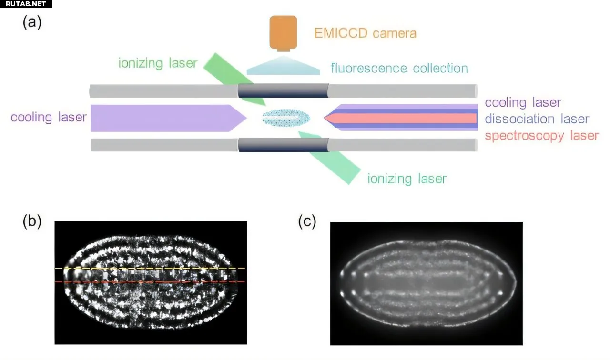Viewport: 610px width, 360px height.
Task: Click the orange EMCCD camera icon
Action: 283,32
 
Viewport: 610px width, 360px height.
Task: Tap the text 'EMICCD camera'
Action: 365,33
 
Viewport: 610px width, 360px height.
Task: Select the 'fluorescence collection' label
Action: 399,68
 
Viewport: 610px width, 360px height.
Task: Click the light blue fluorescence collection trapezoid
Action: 283,66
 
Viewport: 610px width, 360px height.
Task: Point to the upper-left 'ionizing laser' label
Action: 158,63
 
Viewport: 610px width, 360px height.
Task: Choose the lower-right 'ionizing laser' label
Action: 407,179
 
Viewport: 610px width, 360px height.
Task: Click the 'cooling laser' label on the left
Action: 49,117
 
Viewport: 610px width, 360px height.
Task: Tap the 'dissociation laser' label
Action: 537,119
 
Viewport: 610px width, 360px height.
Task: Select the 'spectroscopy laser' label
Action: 541,136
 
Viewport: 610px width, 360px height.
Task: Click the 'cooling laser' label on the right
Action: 523,102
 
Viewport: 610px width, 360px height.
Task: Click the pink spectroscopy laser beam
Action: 410,118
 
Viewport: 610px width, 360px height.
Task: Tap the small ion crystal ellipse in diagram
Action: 286,118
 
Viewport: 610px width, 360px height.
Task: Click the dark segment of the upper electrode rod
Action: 283,91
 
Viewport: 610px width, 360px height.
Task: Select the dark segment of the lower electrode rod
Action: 283,145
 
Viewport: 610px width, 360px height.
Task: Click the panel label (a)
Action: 32,23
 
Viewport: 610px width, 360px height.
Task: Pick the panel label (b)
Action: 32,221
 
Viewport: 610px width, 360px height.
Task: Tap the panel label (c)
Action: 307,222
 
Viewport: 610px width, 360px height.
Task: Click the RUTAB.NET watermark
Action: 26,4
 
